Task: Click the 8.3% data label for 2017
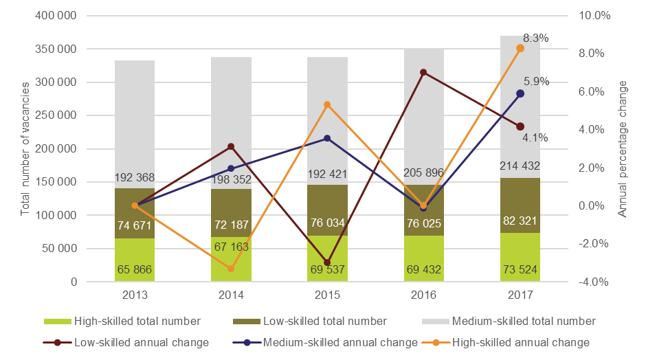point(535,38)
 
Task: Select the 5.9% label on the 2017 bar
point(535,81)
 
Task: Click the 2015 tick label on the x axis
point(327,295)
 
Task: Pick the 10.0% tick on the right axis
point(594,16)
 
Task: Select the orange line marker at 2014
point(231,269)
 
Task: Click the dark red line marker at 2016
point(423,72)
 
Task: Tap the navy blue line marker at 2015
point(327,138)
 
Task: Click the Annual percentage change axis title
point(624,149)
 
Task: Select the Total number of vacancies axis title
point(25,149)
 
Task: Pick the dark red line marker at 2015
point(327,262)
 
